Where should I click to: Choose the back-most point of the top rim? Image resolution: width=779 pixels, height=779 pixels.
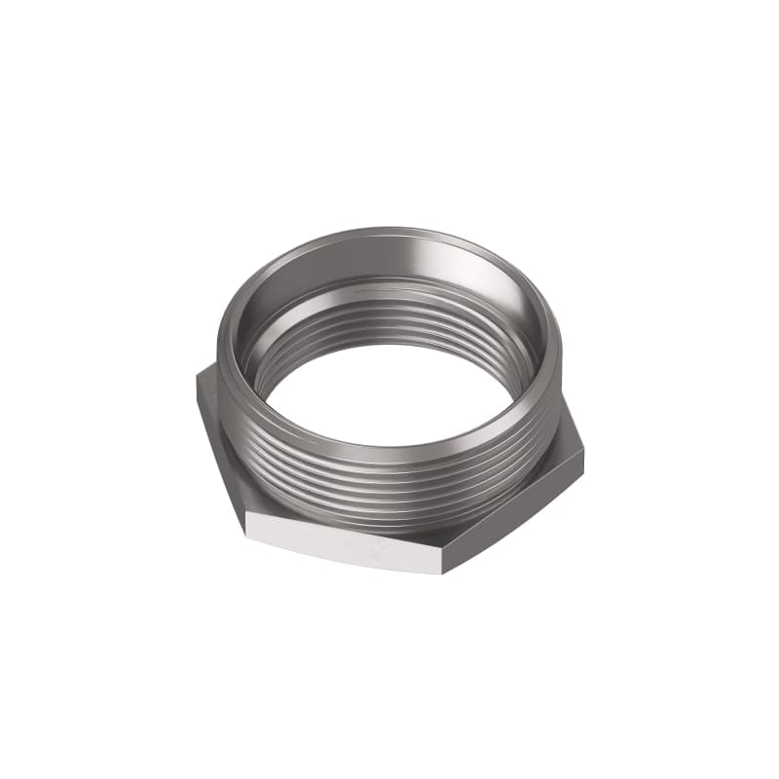(389, 231)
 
